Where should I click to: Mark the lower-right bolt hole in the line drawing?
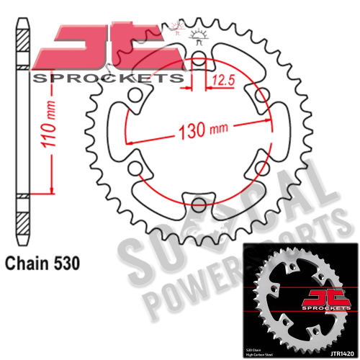[x=257, y=166]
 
